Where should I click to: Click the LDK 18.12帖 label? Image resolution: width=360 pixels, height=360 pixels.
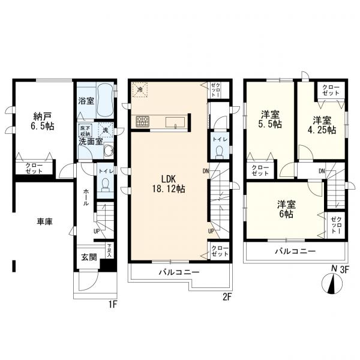pyautogui.click(x=168, y=182)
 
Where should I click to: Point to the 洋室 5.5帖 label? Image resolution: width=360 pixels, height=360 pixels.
pyautogui.click(x=269, y=119)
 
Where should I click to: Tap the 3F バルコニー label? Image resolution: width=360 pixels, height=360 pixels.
pyautogui.click(x=295, y=251)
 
